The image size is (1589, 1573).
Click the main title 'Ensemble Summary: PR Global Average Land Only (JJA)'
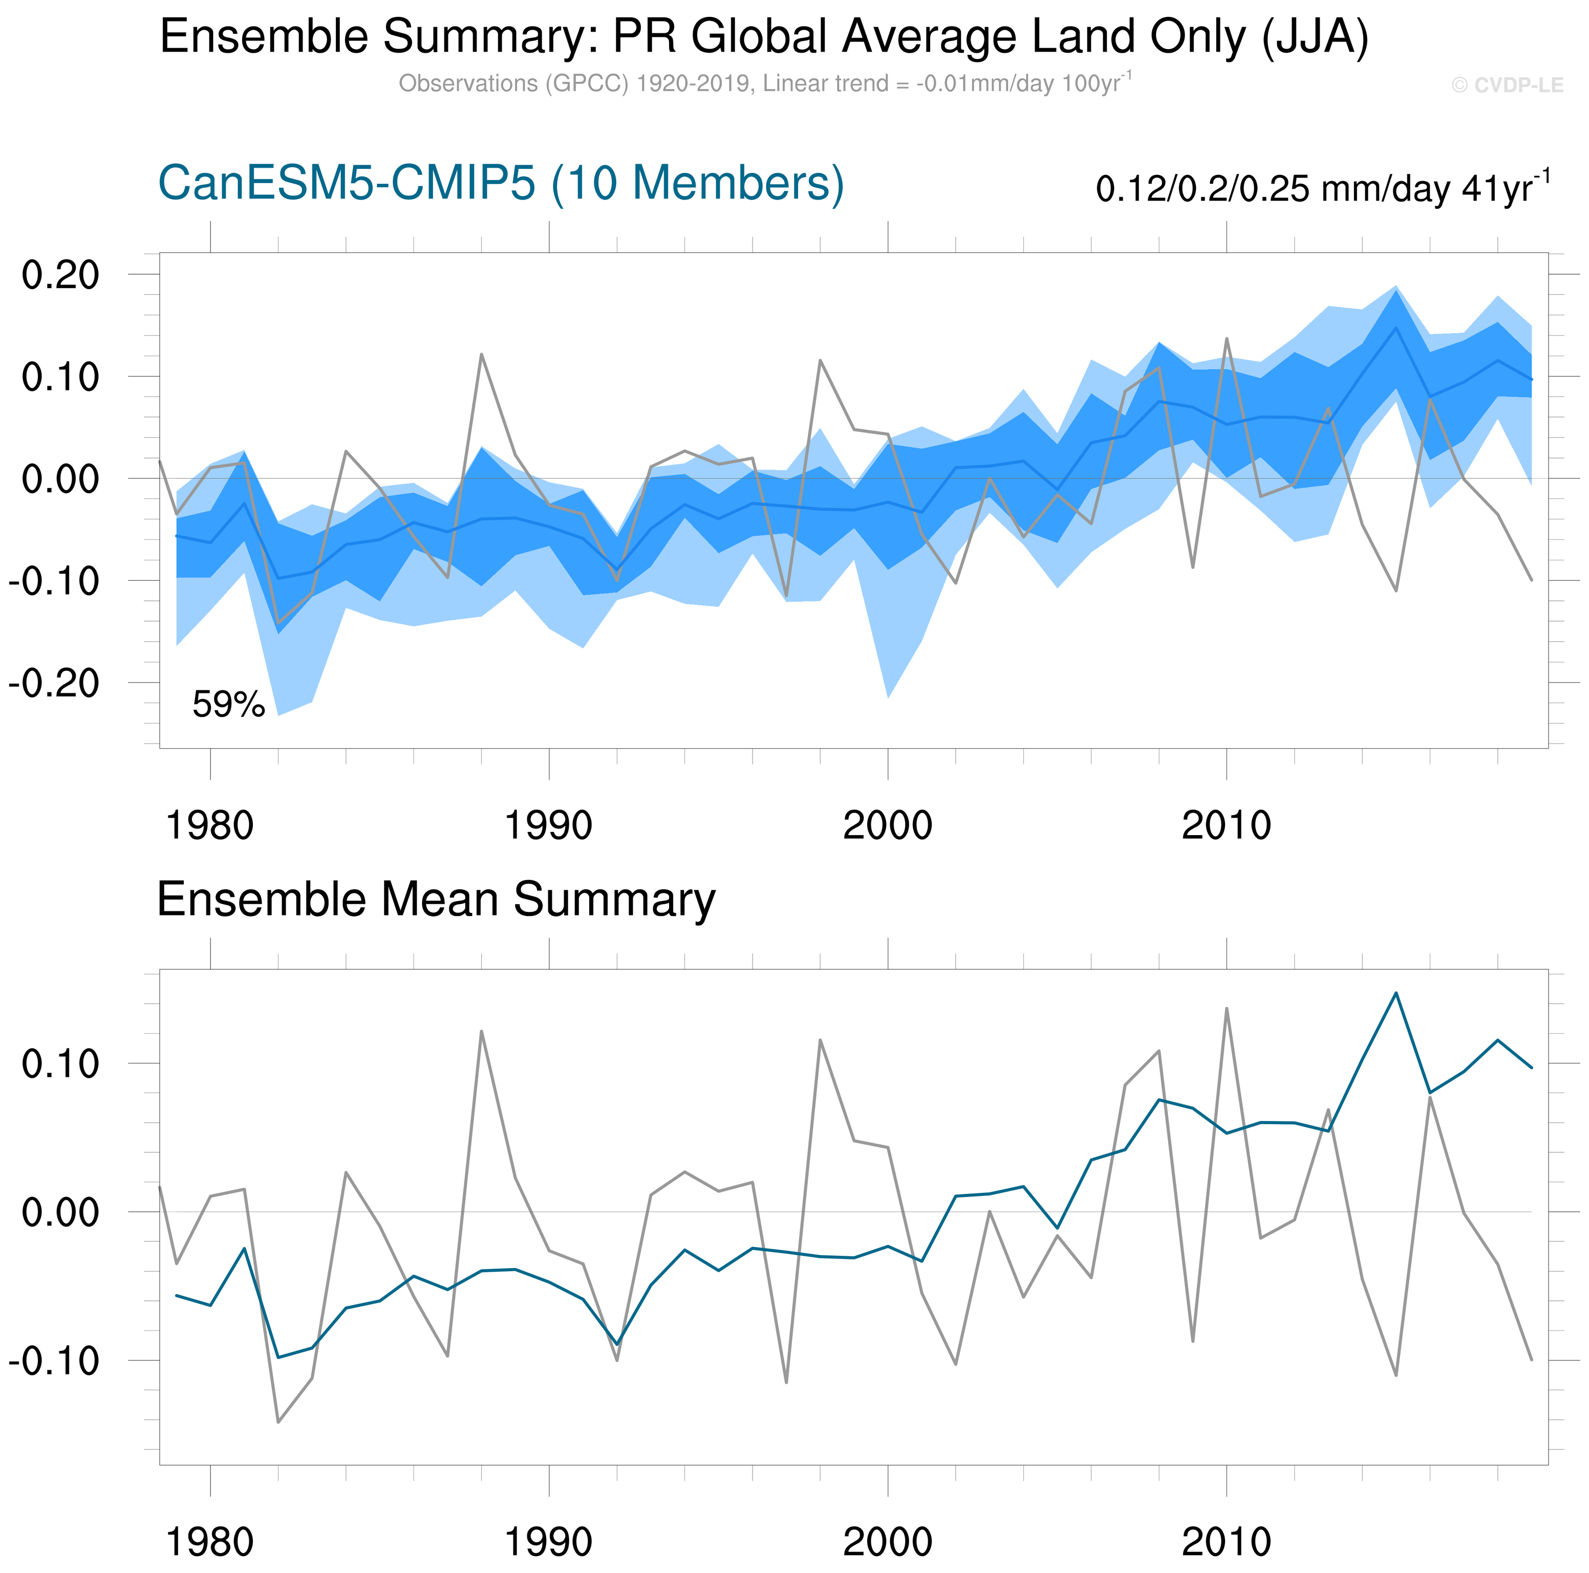(x=764, y=37)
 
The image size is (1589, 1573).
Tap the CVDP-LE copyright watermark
(x=1507, y=85)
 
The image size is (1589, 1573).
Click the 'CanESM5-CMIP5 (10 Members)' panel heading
(x=501, y=183)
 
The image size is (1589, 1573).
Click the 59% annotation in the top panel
(x=229, y=705)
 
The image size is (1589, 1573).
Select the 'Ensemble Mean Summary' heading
(x=436, y=900)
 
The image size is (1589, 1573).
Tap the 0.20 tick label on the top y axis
(x=60, y=275)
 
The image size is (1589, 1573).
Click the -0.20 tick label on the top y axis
(x=54, y=683)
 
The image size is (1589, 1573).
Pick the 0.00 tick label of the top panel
(x=60, y=478)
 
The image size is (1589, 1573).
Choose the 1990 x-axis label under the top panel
(x=549, y=825)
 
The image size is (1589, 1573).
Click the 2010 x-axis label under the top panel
(x=1226, y=825)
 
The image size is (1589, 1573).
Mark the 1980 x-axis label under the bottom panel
(x=210, y=1543)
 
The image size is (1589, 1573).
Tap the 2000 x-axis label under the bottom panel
(x=888, y=1543)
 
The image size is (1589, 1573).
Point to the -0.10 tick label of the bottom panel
(x=54, y=1361)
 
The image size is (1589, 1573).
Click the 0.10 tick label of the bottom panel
(x=60, y=1064)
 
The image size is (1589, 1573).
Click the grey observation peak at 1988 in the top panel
(x=481, y=355)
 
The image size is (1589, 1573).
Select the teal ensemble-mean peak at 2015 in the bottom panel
(x=1395, y=993)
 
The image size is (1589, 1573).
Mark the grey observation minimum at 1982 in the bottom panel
(x=278, y=1422)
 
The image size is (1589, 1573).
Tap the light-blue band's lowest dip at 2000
(x=888, y=697)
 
